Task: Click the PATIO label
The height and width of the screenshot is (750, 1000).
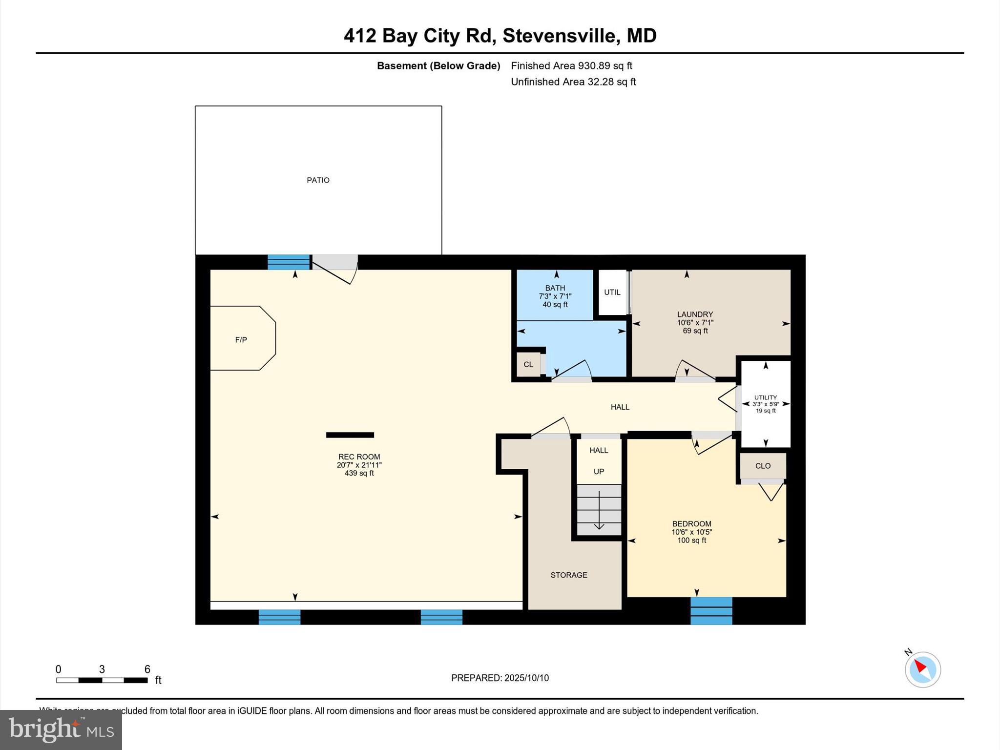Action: coord(318,180)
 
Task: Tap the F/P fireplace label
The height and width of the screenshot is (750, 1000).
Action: coord(241,340)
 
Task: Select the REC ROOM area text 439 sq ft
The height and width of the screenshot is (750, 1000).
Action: coord(359,473)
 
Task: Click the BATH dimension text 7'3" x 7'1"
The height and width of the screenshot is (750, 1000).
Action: coord(555,296)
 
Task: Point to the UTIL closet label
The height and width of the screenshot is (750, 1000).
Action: coord(612,292)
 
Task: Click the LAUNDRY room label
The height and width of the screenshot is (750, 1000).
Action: coord(695,314)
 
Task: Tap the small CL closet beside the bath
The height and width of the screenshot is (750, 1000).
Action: coord(528,364)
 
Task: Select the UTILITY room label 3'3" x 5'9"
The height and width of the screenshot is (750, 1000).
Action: coord(765,404)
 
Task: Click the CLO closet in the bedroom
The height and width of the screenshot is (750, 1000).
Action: coord(763,466)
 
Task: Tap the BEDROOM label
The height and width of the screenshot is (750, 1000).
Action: coord(691,523)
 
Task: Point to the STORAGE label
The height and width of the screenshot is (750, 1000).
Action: coord(569,575)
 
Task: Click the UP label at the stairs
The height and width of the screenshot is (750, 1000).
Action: coord(599,472)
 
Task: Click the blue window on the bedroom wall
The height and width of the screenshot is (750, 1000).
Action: coord(711,610)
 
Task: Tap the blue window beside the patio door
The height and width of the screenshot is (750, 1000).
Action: coord(289,262)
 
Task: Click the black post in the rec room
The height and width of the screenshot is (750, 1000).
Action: coord(350,435)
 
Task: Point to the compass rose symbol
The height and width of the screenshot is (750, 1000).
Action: coord(922,669)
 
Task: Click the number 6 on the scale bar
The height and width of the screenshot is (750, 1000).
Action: coord(147,669)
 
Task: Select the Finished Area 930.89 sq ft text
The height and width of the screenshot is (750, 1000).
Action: coord(571,65)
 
